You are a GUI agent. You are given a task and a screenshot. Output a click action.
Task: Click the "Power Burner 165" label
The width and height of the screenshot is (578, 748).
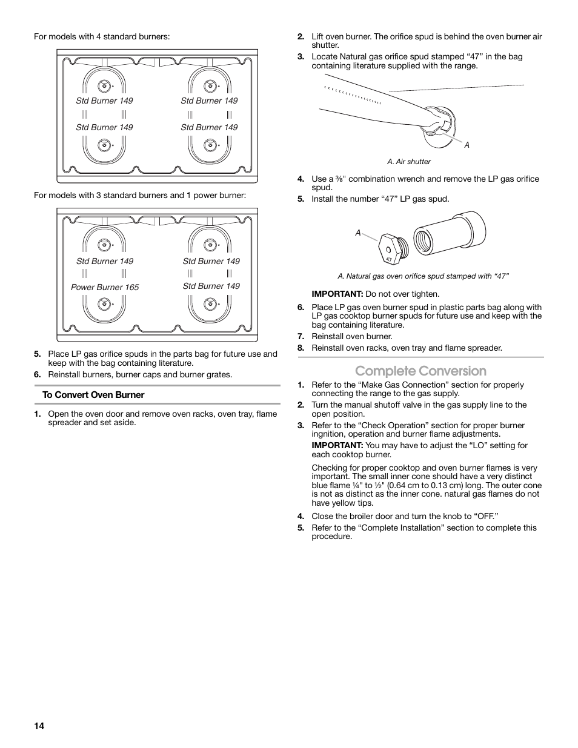[x=105, y=287]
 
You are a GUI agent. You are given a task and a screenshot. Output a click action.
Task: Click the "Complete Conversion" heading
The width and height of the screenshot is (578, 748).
[x=420, y=371]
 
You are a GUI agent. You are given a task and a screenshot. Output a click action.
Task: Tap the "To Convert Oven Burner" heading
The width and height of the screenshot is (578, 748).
[x=93, y=395]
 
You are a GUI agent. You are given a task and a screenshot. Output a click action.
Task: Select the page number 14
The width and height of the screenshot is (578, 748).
[x=39, y=726]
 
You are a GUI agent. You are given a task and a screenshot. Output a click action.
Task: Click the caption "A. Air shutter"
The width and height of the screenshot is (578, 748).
[x=409, y=162]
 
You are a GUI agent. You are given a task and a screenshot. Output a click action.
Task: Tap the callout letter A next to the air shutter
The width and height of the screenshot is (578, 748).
[x=467, y=145]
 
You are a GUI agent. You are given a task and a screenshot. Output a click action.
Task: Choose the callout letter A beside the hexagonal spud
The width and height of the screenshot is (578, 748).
[x=358, y=233]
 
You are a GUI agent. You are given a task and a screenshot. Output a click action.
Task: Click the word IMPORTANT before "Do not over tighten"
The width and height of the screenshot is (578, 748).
[x=337, y=294]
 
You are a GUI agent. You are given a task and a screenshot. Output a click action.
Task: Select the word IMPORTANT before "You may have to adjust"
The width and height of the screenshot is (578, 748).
[x=337, y=445]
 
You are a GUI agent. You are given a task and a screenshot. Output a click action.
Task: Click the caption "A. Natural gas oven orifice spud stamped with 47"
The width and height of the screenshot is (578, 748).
[x=423, y=276]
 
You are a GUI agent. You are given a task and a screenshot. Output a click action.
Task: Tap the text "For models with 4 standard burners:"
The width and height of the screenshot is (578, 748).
[x=102, y=37]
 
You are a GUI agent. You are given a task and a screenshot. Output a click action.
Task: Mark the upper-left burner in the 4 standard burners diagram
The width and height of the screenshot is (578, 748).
[x=104, y=85]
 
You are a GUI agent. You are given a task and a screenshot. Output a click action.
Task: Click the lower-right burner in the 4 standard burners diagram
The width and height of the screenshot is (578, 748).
[x=210, y=145]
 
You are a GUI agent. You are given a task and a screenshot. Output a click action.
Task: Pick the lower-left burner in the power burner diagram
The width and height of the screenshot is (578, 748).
[x=104, y=305]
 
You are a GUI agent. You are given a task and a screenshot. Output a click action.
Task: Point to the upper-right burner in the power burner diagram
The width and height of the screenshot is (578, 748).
[x=210, y=245]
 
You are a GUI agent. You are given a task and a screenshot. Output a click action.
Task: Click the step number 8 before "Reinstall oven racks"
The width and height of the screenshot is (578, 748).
[x=301, y=348]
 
